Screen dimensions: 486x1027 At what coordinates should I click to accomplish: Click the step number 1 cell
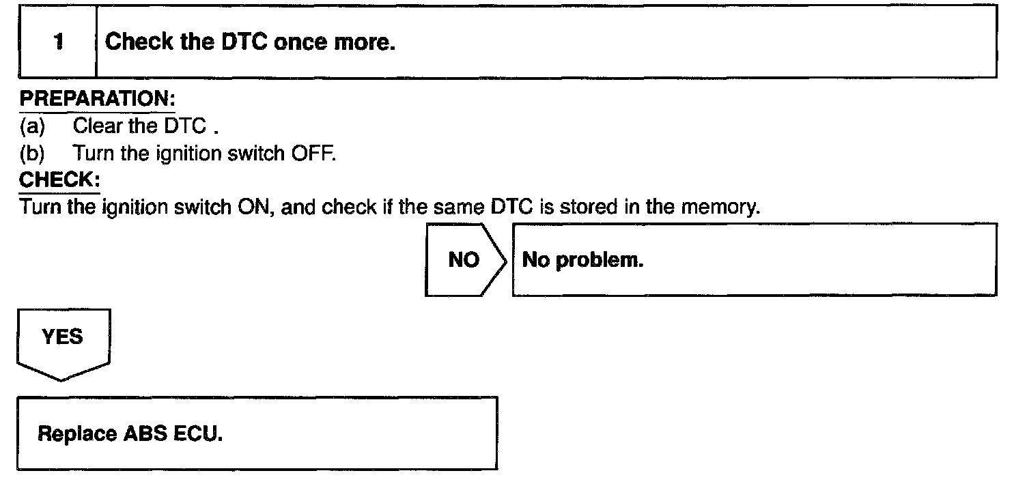58,42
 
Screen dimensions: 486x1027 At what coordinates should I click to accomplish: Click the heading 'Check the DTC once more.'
250,42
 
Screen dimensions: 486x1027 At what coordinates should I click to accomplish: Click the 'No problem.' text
582,261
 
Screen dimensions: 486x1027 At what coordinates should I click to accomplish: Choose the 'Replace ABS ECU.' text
130,434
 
